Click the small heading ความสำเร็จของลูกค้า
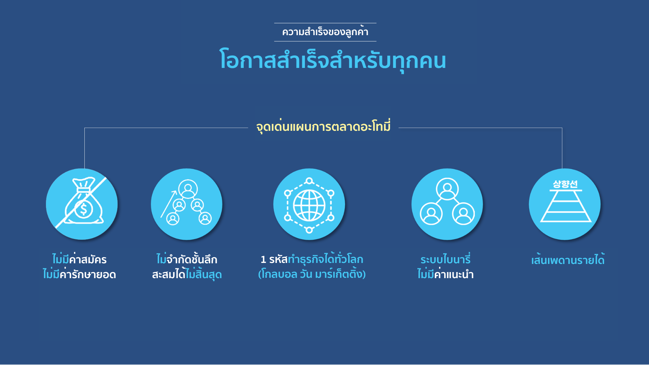(325, 31)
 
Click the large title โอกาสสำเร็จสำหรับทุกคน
(333, 60)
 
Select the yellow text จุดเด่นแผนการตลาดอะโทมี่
(323, 126)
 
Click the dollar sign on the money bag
(83, 209)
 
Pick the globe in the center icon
(309, 205)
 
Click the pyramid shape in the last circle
(566, 206)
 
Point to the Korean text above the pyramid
(565, 184)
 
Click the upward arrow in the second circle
(169, 204)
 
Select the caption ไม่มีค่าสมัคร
(79, 259)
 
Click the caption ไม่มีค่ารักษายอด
(79, 274)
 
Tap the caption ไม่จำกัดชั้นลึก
(187, 259)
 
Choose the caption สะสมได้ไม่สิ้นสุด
(187, 274)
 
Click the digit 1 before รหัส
(263, 260)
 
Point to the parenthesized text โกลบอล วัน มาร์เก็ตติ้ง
(312, 274)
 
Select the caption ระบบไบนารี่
(446, 259)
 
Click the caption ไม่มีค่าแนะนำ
(446, 274)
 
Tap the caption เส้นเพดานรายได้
(568, 260)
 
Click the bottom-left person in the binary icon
(431, 214)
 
